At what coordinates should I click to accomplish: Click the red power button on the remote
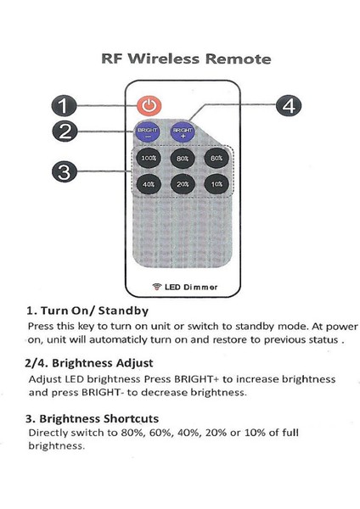click(149, 106)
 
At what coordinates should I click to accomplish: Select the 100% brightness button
click(149, 158)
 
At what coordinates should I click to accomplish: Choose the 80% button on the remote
click(181, 158)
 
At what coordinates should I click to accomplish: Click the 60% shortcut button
click(216, 158)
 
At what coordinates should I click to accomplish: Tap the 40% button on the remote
click(149, 183)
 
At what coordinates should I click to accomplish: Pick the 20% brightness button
click(181, 183)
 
